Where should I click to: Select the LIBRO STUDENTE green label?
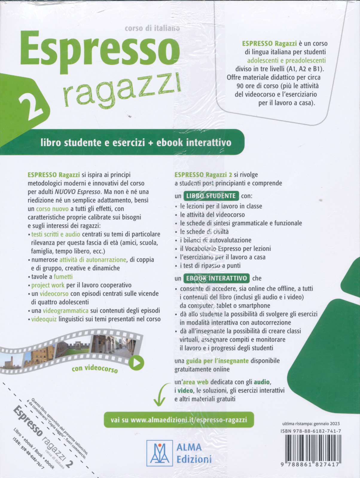[211, 196]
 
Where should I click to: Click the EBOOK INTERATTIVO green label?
[216, 278]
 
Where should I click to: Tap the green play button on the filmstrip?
[137, 363]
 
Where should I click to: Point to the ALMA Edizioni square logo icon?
[159, 453]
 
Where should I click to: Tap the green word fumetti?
[63, 277]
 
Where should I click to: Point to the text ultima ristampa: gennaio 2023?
[311, 424]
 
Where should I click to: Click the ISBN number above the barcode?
[311, 431]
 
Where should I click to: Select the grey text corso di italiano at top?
[152, 28]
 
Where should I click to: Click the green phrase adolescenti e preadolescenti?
[286, 60]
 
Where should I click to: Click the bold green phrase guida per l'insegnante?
[217, 361]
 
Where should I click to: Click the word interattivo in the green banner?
[209, 143]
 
